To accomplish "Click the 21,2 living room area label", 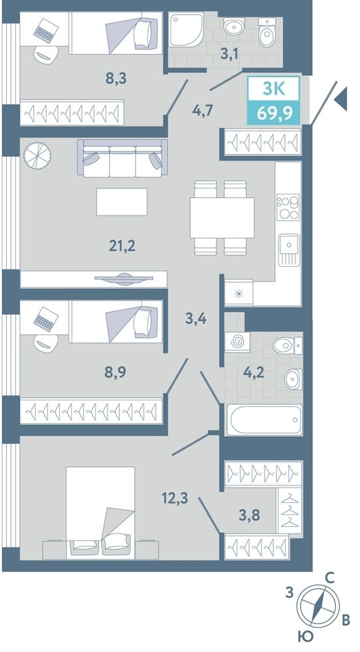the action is [122, 246].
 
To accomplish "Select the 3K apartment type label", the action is [274, 89].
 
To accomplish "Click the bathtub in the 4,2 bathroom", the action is [263, 419].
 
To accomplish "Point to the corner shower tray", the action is [185, 31].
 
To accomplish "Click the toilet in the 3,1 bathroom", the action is [265, 31].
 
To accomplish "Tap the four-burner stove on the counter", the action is [288, 207].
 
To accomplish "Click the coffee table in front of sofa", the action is [122, 201].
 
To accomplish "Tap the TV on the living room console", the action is [123, 279].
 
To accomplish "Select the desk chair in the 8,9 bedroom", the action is [45, 343].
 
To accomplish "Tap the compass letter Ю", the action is [305, 636].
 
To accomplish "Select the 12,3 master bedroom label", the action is [175, 497].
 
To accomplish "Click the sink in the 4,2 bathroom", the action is [293, 379].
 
